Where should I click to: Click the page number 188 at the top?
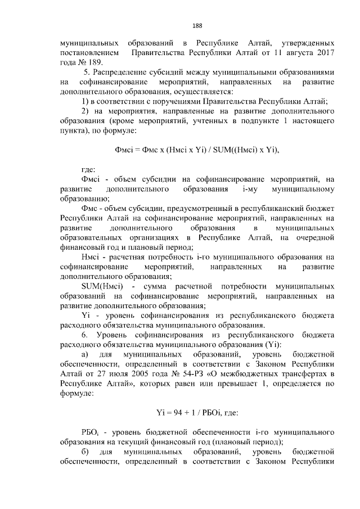point(197,26)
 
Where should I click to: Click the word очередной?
point(312,238)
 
